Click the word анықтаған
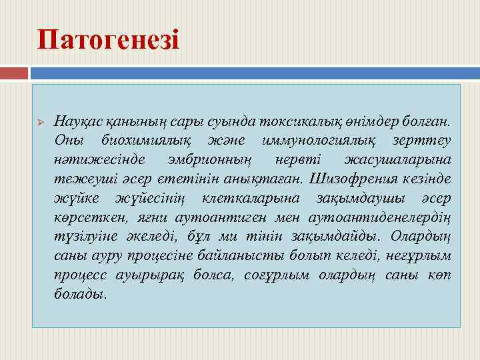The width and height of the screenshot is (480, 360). [264, 179]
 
